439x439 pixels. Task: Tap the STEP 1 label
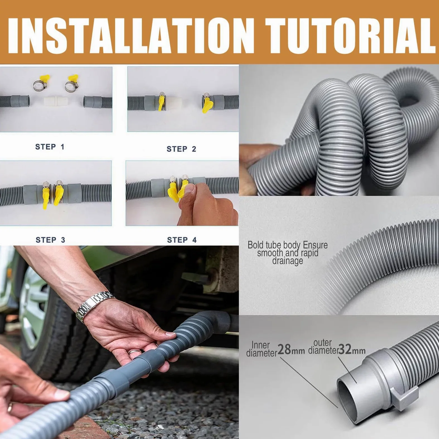click(50, 147)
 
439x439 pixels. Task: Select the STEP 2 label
click(181, 149)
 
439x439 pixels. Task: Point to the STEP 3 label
click(50, 240)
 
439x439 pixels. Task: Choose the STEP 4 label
click(182, 240)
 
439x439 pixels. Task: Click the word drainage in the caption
click(288, 261)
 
